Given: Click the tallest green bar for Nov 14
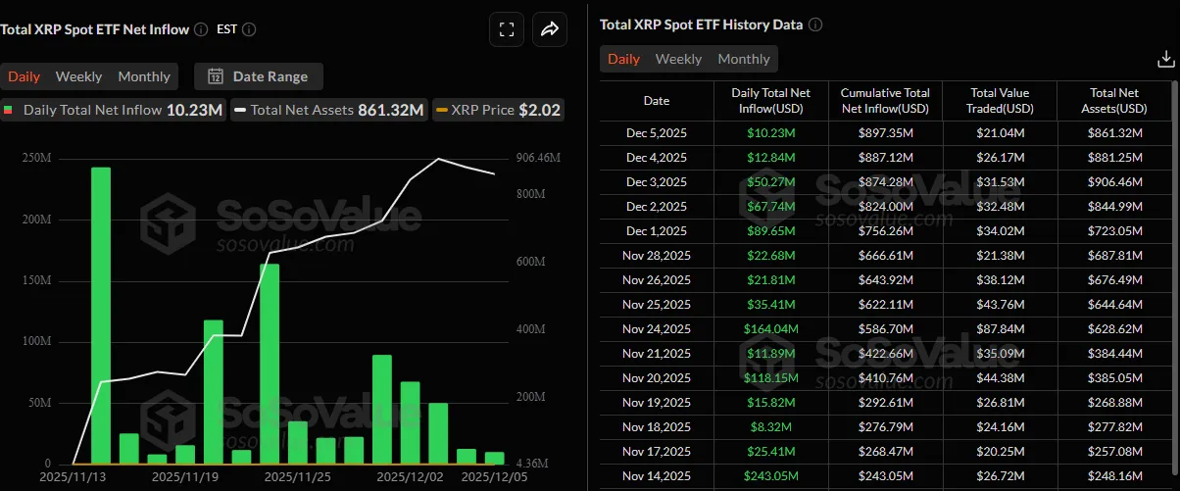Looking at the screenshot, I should tap(101, 314).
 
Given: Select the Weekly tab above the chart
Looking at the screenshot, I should tap(78, 76).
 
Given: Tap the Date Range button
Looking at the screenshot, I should tap(259, 76).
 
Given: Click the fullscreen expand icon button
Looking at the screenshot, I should tap(507, 29).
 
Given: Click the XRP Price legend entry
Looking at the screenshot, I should tap(498, 110).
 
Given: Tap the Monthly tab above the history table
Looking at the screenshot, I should tap(744, 59).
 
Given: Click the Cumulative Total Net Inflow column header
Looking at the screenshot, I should tap(885, 100).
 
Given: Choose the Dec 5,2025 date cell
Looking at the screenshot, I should tap(657, 132).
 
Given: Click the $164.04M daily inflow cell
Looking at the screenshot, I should tap(771, 328).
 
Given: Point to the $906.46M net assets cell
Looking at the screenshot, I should tap(1117, 181).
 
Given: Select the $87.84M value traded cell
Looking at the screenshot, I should tap(1001, 328).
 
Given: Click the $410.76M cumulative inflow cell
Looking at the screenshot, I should tap(885, 377).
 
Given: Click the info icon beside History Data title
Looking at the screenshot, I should tap(815, 25).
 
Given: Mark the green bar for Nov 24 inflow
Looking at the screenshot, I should tap(270, 363).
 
